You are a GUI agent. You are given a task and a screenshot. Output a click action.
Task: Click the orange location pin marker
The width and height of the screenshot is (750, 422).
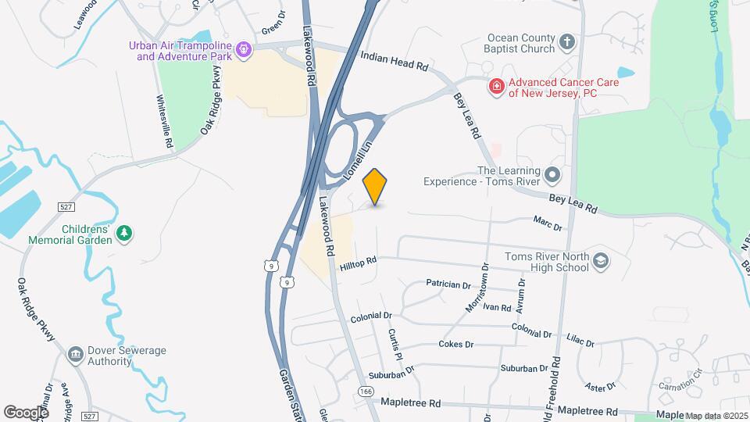tap(376, 187)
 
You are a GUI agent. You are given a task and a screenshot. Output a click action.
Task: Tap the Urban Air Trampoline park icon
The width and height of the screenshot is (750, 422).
tap(244, 50)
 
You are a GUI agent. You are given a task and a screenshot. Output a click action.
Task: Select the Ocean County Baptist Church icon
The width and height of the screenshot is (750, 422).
tap(568, 42)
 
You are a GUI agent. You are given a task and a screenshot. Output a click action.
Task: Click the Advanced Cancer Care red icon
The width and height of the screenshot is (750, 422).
tap(495, 86)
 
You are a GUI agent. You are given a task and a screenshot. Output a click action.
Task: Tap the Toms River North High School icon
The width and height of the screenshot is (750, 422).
tap(601, 260)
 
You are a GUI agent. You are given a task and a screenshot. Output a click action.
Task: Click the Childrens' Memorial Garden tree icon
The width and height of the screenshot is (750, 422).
tap(123, 234)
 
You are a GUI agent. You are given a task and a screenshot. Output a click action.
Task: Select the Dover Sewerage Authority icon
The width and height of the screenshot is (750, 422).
tap(76, 356)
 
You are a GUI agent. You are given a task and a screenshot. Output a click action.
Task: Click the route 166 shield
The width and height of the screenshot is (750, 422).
tap(365, 391)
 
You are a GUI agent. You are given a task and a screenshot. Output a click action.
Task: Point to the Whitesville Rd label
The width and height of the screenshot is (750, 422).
tap(164, 122)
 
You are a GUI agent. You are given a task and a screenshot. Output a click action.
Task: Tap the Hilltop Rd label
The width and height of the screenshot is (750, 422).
tap(359, 263)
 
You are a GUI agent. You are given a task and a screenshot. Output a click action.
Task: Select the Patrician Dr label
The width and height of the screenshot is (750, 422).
tap(448, 284)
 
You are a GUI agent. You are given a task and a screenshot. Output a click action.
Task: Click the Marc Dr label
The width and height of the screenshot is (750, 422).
tap(548, 225)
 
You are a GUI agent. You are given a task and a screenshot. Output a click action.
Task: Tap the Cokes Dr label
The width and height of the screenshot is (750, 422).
tap(456, 344)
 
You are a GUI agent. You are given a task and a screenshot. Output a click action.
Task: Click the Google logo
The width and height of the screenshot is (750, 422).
tap(26, 412)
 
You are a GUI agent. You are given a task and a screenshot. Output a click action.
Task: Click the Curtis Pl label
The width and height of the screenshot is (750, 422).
tap(394, 344)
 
